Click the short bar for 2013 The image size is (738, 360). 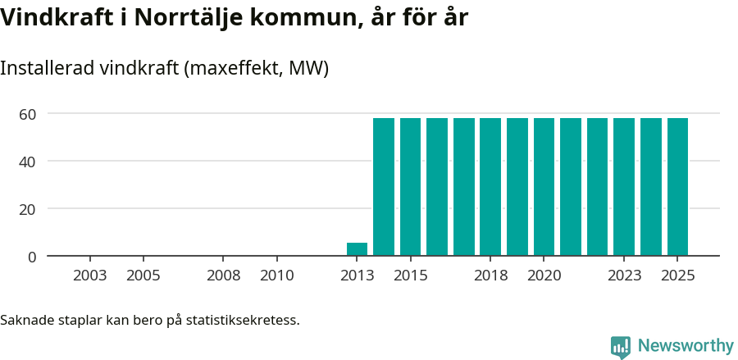pyautogui.click(x=357, y=249)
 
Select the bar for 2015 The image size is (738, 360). pyautogui.click(x=410, y=187)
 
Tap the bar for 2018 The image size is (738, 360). pyautogui.click(x=490, y=187)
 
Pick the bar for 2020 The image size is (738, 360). pyautogui.click(x=544, y=187)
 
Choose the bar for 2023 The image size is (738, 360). pyautogui.click(x=624, y=187)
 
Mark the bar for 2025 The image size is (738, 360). pyautogui.click(x=677, y=187)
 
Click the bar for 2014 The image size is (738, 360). pyautogui.click(x=384, y=187)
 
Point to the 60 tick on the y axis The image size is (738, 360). pyautogui.click(x=28, y=114)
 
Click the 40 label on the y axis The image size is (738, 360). pyautogui.click(x=28, y=162)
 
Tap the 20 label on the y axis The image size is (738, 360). pyautogui.click(x=28, y=209)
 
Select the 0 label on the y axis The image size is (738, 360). pyautogui.click(x=32, y=257)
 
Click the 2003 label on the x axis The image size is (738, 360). pyautogui.click(x=89, y=276)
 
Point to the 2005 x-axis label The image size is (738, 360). pyautogui.click(x=143, y=276)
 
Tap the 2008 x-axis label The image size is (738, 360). pyautogui.click(x=223, y=276)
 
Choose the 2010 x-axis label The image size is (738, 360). pyautogui.click(x=276, y=276)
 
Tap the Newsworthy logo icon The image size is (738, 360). pyautogui.click(x=621, y=346)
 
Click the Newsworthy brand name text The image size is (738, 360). pyautogui.click(x=686, y=346)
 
